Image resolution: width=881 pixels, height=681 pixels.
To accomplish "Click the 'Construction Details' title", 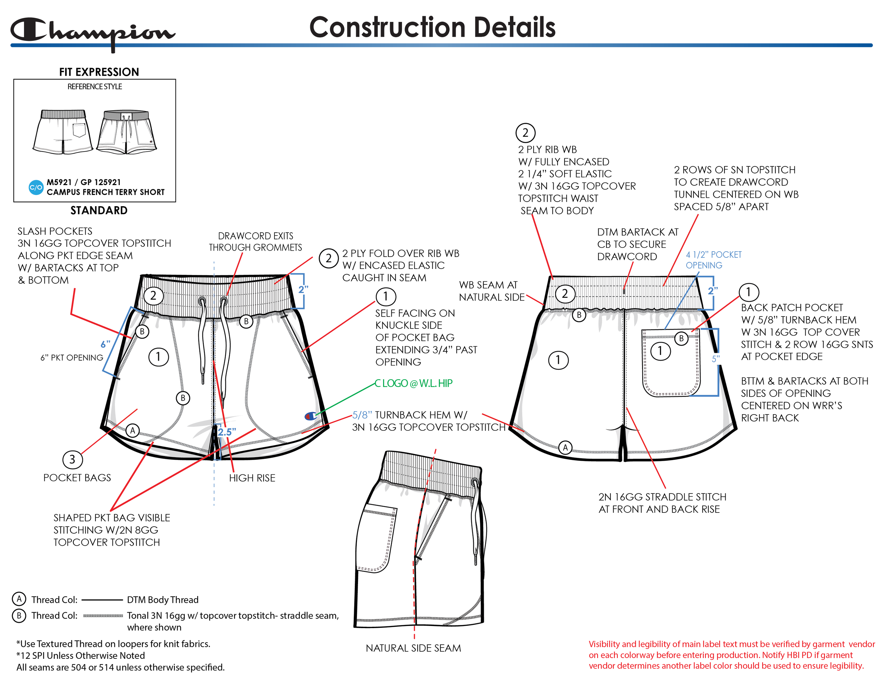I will (x=432, y=27).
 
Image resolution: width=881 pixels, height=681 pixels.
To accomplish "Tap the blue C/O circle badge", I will (x=36, y=187).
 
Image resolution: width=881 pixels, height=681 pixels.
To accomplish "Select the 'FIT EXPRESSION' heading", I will (x=99, y=72).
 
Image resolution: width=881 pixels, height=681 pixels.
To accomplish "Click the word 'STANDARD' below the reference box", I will (x=99, y=210).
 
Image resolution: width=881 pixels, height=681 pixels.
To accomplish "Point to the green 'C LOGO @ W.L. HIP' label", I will (x=413, y=383).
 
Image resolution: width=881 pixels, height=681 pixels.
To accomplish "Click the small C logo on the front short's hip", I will (x=310, y=416).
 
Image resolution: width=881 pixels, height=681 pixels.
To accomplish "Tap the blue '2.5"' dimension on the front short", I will (x=227, y=432).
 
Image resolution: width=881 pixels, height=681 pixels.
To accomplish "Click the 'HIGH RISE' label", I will (x=252, y=478).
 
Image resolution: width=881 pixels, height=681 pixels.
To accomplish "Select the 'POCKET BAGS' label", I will (x=77, y=478).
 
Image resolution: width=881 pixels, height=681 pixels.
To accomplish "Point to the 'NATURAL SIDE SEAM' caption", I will (x=413, y=648).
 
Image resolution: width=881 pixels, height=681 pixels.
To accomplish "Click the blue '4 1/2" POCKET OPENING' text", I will (x=713, y=260).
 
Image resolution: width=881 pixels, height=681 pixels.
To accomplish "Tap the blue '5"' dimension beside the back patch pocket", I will (x=716, y=359).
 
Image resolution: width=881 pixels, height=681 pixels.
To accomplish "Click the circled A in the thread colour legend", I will (x=19, y=599).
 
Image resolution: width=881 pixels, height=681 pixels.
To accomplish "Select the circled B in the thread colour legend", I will (x=19, y=616).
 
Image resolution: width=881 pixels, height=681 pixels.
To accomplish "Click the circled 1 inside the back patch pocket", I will (x=660, y=351).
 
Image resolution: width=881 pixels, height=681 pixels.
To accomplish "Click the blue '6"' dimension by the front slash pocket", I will (x=105, y=344).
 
